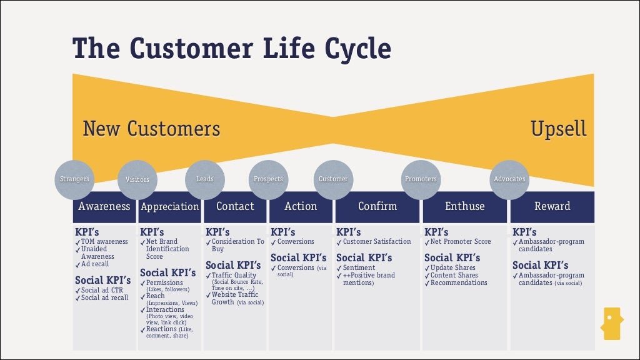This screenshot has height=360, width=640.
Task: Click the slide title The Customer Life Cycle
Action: click(232, 48)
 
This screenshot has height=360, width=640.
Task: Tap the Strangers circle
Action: click(74, 179)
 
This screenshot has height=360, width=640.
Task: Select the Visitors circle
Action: click(137, 179)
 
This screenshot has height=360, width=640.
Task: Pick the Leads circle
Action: click(205, 179)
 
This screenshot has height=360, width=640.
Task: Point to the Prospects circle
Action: click(268, 179)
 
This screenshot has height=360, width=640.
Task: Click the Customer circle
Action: click(333, 179)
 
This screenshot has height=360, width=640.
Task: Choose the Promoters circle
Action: click(421, 179)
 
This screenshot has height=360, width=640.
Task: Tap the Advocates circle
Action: click(509, 179)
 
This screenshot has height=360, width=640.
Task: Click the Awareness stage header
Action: click(104, 206)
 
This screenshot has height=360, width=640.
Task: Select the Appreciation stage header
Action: click(169, 207)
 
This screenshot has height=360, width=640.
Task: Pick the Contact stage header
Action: click(235, 206)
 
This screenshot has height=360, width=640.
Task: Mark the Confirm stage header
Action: click(377, 206)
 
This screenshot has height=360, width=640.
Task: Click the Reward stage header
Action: click(552, 206)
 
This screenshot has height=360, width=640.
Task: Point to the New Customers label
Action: click(151, 129)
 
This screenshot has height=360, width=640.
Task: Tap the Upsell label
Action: click(558, 129)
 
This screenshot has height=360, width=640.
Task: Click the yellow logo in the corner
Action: click(611, 323)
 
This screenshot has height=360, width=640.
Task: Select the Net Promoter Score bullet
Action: click(460, 242)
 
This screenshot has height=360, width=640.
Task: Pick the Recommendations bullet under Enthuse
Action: click(458, 283)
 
